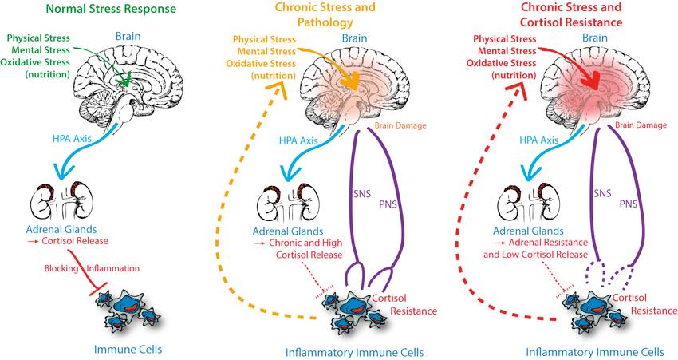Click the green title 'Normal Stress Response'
(101, 10)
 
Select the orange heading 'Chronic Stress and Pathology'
(335, 16)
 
